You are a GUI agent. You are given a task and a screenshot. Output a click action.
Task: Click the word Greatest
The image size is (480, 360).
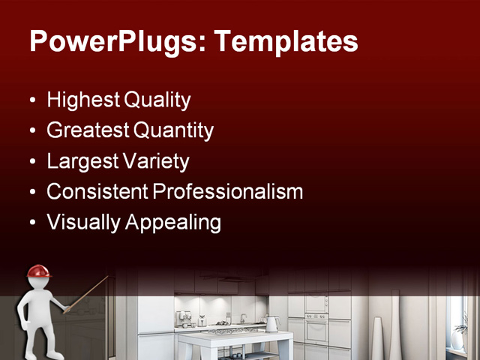[x=88, y=130]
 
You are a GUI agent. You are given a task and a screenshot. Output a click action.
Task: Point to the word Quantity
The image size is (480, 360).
[x=173, y=130]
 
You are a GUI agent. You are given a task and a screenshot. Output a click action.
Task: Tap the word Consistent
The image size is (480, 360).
[x=97, y=192]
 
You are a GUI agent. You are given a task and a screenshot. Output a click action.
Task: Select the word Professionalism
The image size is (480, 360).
[x=228, y=192]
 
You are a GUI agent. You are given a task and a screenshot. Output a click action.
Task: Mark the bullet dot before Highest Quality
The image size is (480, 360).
[x=31, y=100]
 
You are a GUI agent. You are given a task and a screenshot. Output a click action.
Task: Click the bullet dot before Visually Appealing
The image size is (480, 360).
[x=31, y=223]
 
